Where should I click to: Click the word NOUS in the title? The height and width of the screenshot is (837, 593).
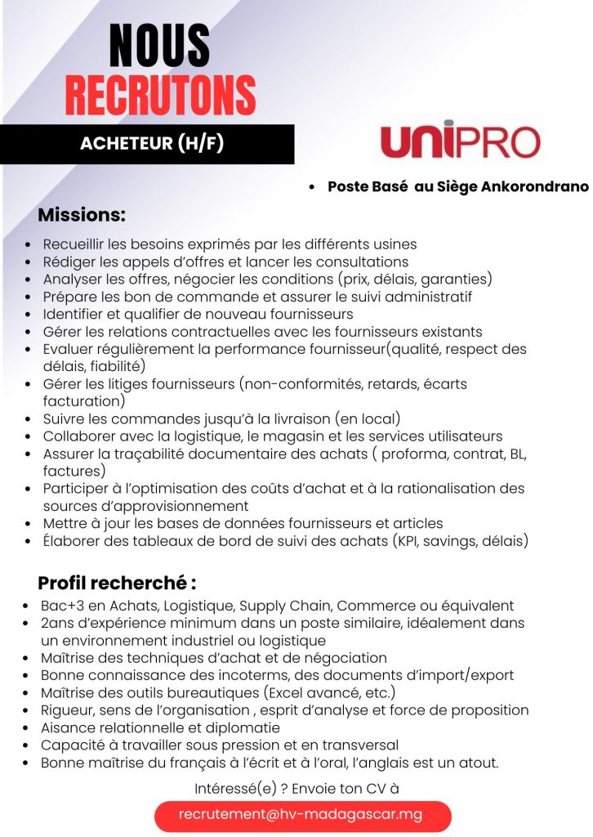159,45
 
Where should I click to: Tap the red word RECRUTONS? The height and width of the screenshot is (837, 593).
160,96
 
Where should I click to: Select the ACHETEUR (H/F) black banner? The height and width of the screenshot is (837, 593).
151,144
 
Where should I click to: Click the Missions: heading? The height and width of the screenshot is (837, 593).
82,216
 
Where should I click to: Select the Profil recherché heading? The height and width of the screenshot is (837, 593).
117,584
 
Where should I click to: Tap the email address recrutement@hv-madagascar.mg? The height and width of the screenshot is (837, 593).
301,815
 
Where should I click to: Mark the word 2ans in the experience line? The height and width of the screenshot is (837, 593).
58,623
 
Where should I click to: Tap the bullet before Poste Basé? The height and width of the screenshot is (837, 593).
313,187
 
